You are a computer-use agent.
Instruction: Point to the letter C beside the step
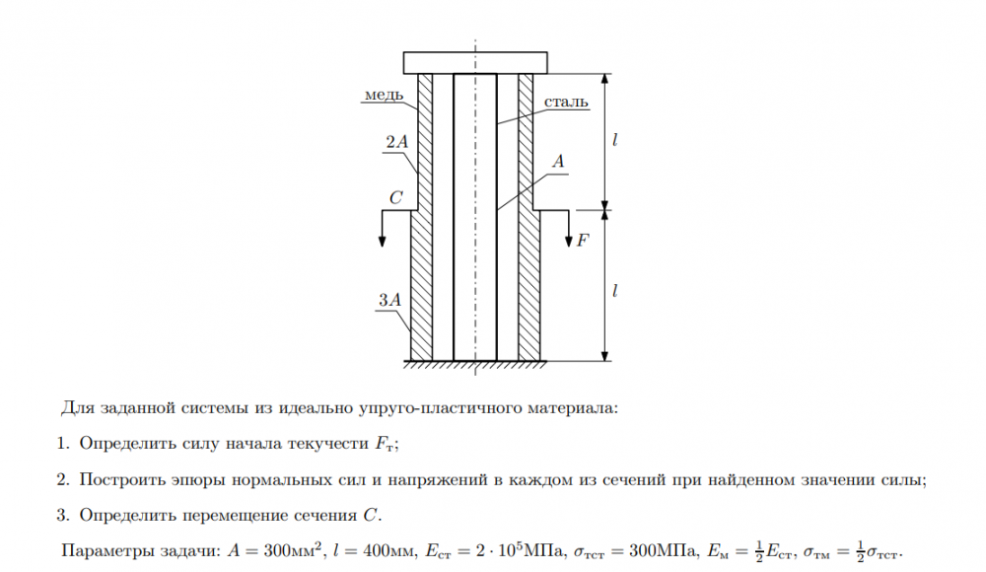click(395, 198)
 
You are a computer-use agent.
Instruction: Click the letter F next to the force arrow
click(583, 238)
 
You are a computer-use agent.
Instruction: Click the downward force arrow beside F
click(569, 229)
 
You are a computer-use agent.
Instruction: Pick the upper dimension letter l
click(615, 141)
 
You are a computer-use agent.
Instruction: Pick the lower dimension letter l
click(615, 291)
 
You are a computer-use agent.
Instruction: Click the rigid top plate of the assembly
click(475, 61)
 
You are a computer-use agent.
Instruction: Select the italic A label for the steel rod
click(558, 163)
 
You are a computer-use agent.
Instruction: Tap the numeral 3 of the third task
click(61, 515)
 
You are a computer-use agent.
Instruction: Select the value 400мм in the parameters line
click(360, 550)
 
